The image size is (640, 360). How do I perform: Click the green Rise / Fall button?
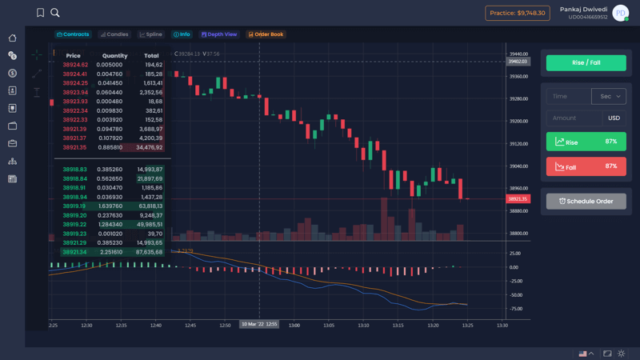(586, 62)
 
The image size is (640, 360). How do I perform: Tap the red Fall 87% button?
(586, 166)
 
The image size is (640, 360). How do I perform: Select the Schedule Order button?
(586, 201)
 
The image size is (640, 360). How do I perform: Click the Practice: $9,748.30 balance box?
(518, 13)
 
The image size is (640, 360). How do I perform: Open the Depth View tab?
(218, 34)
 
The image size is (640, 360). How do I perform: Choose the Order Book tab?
(266, 34)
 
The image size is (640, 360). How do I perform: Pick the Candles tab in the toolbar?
(114, 34)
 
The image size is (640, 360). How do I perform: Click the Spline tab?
(150, 34)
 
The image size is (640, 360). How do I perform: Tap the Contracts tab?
(73, 34)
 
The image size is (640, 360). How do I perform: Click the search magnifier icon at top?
(55, 13)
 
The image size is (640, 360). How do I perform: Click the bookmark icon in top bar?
(41, 13)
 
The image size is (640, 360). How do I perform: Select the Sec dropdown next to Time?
(608, 96)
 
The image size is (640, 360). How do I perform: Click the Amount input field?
(572, 118)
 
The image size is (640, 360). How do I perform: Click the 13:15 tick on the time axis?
(398, 326)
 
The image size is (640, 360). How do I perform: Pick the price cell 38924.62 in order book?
(74, 65)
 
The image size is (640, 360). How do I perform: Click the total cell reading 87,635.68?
(150, 252)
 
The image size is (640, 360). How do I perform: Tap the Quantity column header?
(114, 56)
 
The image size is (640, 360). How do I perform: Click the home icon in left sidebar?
(12, 38)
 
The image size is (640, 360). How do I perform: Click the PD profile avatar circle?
(620, 13)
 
